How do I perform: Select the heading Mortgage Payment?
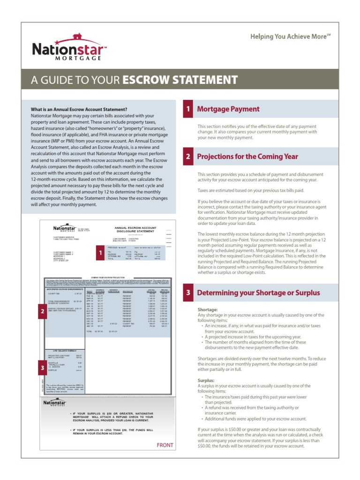pos(228,109)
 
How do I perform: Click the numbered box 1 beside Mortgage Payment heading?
pos(187,109)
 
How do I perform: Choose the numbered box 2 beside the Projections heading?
pos(187,157)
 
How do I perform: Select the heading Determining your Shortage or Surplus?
pos(258,293)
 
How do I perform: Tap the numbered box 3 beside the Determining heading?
pos(187,293)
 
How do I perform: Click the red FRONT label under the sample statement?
pos(165,445)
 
